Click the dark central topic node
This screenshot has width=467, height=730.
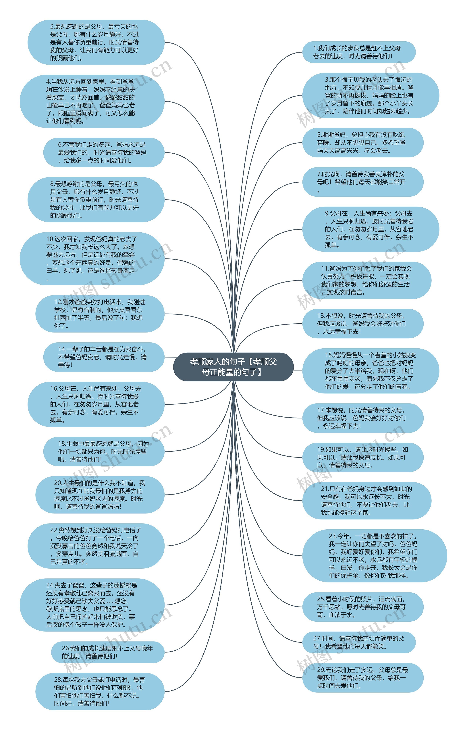pyautogui.click(x=233, y=367)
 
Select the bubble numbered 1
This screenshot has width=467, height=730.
pyautogui.click(x=359, y=52)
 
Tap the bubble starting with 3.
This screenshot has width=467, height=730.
pyautogui.click(x=370, y=95)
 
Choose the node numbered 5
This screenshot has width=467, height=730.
pyautogui.click(x=363, y=142)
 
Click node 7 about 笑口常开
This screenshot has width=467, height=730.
pyautogui.click(x=363, y=182)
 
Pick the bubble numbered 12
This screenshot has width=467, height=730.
pyautogui.click(x=100, y=314)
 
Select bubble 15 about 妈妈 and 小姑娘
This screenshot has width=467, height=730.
pyautogui.click(x=370, y=371)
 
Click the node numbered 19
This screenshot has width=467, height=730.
pyautogui.click(x=363, y=457)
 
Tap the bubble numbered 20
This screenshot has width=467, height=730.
pyautogui.click(x=100, y=495)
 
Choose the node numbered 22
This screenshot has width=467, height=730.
pyautogui.click(x=96, y=546)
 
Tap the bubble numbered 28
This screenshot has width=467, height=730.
pyautogui.click(x=100, y=692)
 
